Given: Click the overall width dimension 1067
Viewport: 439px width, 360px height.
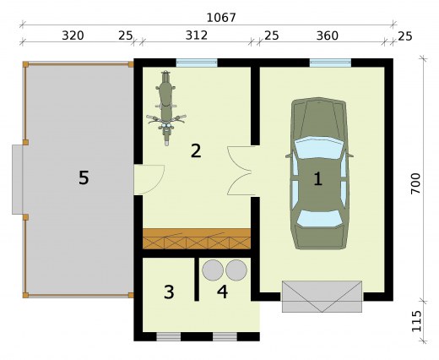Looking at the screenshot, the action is (221, 18).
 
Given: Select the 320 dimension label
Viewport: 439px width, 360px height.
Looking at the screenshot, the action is (73, 35).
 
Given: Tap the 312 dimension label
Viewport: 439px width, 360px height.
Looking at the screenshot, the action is (197, 35).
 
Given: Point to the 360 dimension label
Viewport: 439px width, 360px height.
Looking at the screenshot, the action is (328, 35).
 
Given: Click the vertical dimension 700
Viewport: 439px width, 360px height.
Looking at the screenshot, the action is (415, 183).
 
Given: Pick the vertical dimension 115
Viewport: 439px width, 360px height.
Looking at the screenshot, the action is (415, 321).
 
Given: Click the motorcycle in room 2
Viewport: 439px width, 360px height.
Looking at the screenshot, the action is (166, 108).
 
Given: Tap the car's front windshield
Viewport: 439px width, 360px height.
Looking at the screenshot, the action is (319, 147).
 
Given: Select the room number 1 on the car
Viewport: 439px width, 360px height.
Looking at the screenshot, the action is (318, 178).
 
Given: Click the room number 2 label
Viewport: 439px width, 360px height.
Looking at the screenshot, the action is (196, 150).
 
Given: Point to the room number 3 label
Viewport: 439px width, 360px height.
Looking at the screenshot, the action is (169, 292).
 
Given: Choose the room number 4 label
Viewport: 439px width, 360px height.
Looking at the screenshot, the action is (222, 292).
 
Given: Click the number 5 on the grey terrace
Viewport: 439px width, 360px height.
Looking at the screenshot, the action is (84, 178).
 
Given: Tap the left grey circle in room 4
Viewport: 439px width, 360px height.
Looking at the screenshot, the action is (213, 270).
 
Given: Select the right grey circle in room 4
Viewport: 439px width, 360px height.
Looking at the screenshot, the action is (236, 270).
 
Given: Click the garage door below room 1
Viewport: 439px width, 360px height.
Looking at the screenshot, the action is (322, 297).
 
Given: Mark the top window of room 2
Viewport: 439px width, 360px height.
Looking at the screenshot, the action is (197, 63).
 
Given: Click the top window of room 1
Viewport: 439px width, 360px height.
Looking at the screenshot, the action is (330, 63).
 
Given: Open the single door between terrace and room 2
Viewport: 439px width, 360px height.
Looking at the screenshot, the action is (149, 179).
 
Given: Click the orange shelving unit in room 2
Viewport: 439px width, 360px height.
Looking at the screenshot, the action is (197, 239).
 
